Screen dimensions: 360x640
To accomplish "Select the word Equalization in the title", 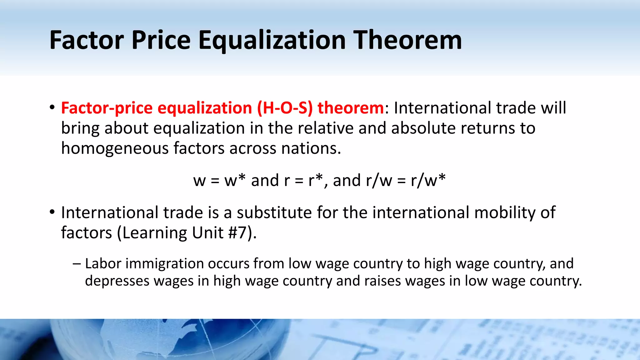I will point(272,41).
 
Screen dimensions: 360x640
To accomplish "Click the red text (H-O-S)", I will point(285,108).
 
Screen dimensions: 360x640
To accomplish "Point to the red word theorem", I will point(351,108).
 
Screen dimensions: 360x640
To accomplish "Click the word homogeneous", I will point(114,148).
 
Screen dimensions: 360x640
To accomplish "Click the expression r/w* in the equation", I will point(428,180).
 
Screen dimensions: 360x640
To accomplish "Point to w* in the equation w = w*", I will point(235,180).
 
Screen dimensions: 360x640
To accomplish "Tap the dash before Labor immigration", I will point(76,263).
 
